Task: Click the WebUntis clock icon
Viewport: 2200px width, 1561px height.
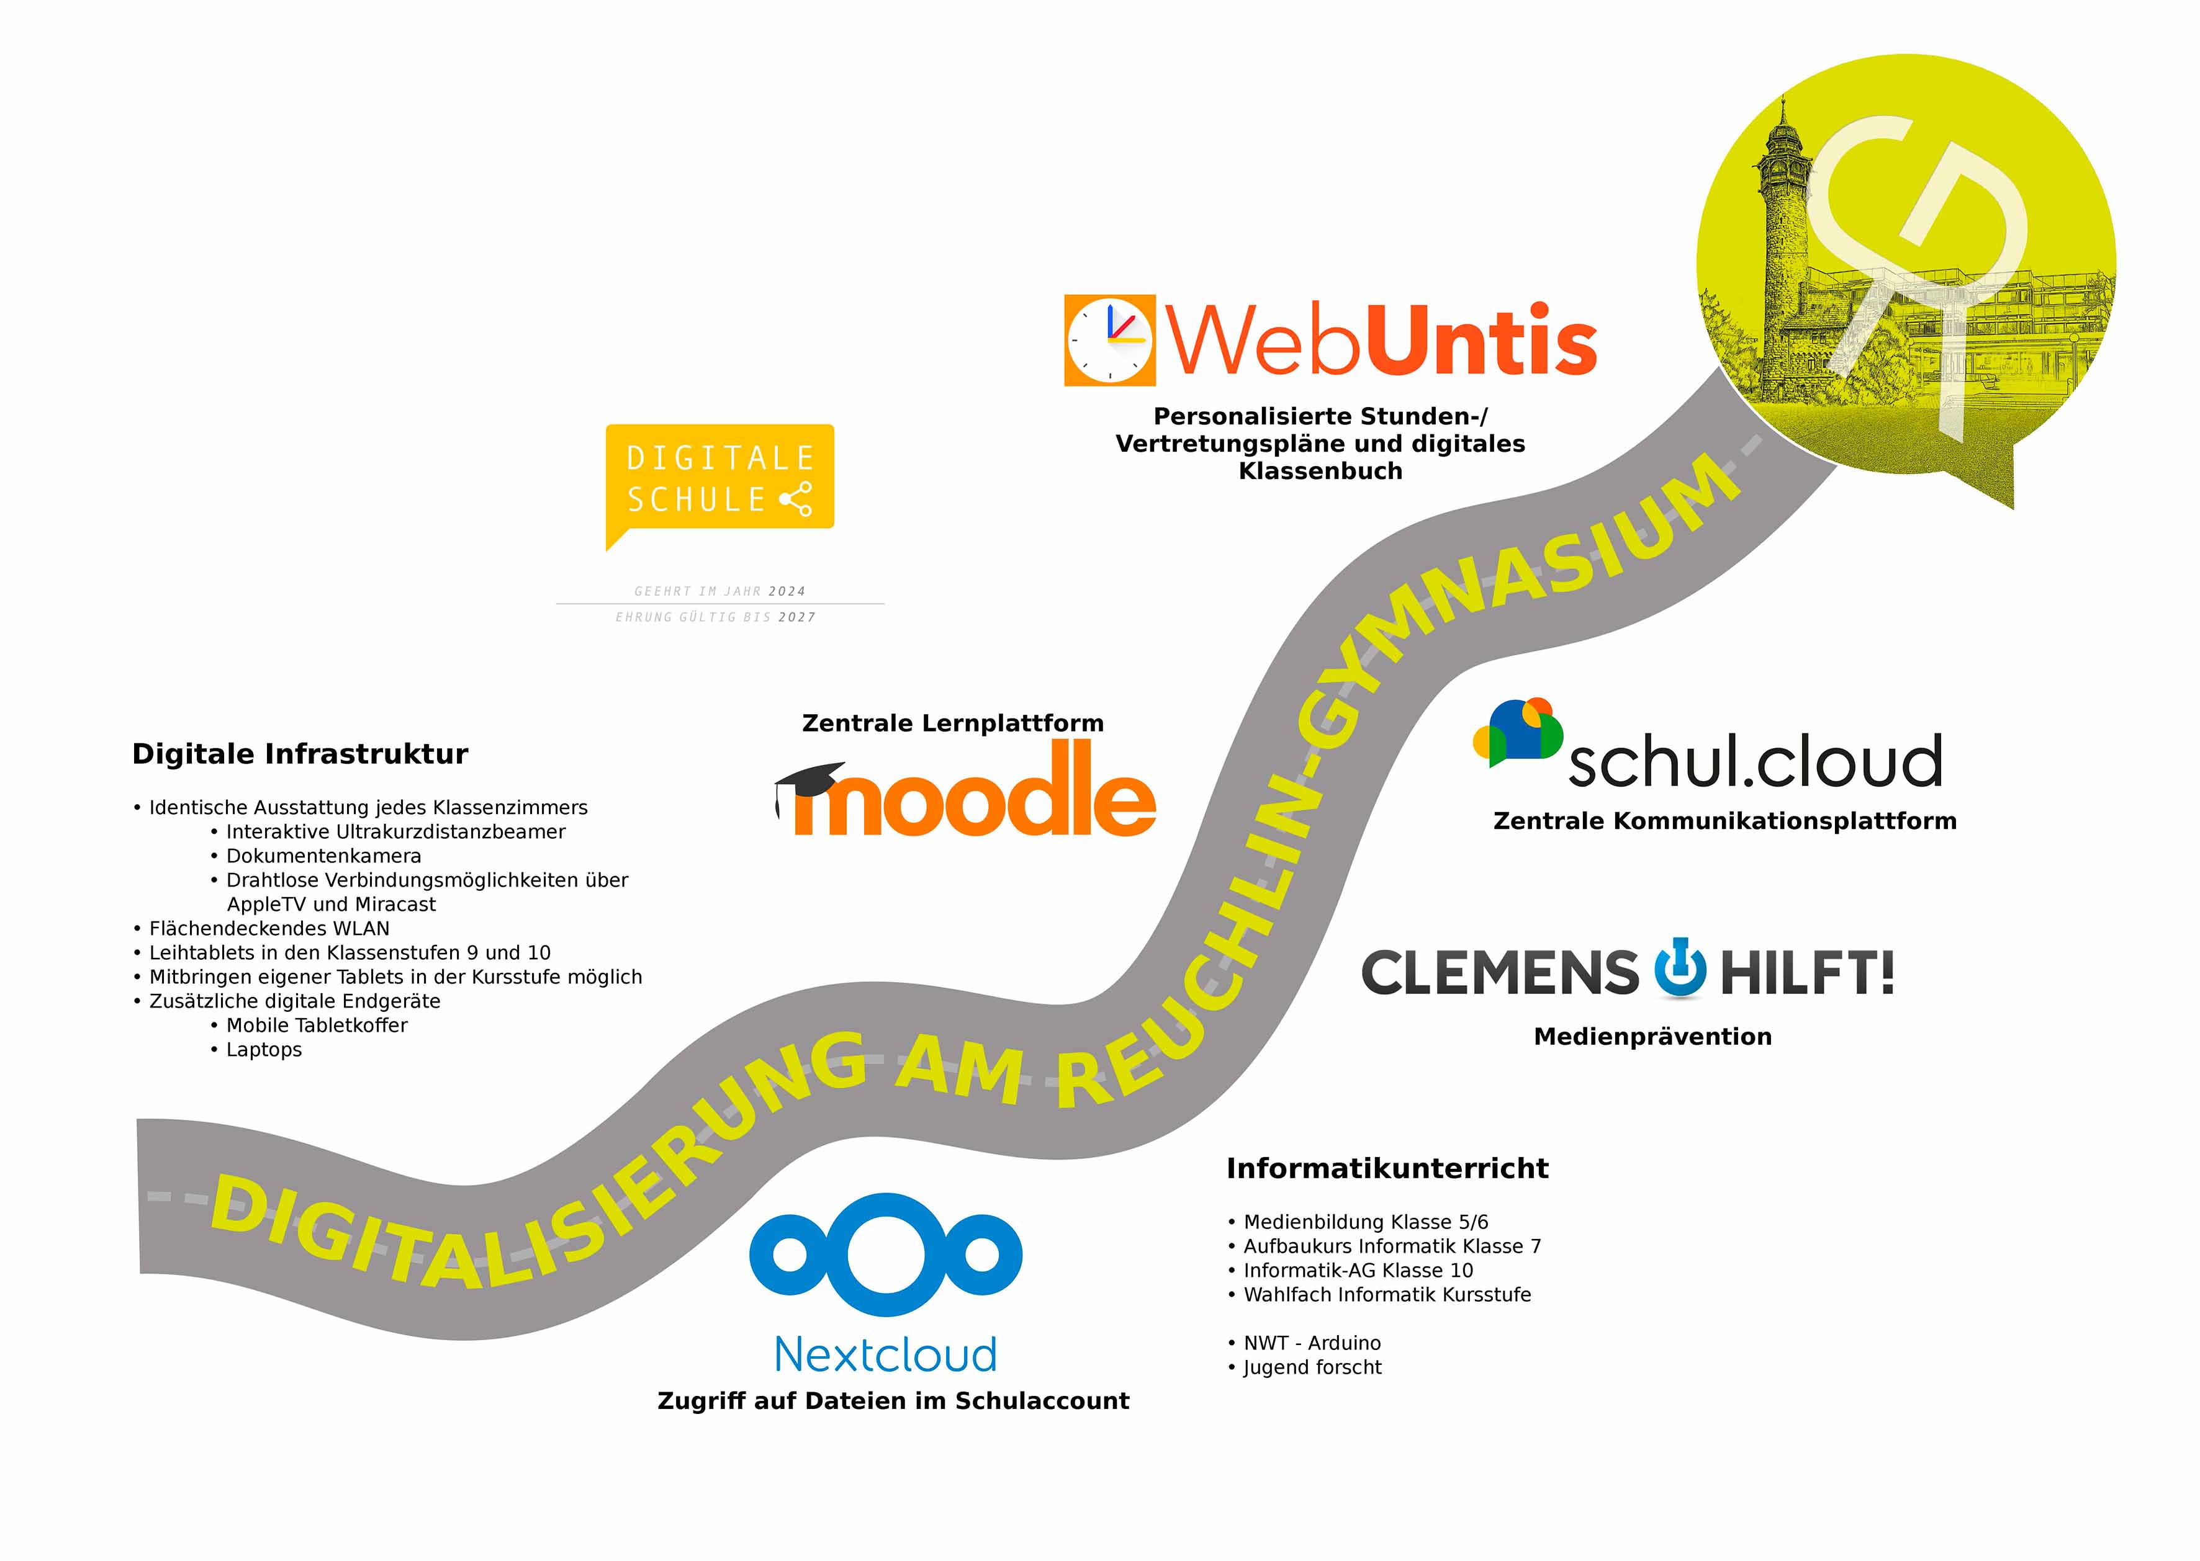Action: [x=1109, y=340]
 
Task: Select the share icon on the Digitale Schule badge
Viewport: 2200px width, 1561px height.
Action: [x=796, y=499]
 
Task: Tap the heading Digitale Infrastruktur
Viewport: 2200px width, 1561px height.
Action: [x=300, y=754]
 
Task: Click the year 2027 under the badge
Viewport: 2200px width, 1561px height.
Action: [x=796, y=617]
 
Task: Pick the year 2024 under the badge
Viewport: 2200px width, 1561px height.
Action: [x=787, y=591]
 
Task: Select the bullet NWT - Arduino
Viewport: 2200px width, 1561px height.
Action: [x=1312, y=1343]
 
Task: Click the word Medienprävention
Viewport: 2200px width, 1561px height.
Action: [x=1652, y=1036]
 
